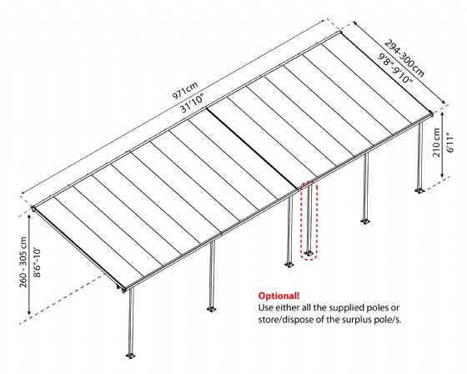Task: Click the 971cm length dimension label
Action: click(185, 90)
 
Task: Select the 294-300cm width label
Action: click(404, 58)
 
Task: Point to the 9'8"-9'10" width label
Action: click(395, 68)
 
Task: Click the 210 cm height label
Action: click(436, 143)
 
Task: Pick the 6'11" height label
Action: click(449, 143)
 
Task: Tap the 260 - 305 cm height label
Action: click(23, 262)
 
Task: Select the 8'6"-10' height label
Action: click(37, 262)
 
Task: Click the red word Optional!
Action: click(279, 296)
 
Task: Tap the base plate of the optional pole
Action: click(309, 254)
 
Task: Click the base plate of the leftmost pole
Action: click(130, 356)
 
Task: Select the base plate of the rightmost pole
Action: click(419, 191)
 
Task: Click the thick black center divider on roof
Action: click(253, 149)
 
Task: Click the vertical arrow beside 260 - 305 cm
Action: click(29, 265)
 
